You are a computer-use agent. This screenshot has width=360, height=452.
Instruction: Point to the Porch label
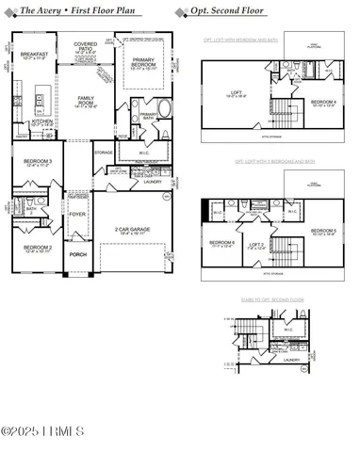click(x=77, y=253)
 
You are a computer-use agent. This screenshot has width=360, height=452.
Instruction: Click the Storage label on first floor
click(x=104, y=152)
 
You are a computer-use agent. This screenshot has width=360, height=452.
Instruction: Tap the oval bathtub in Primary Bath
click(x=166, y=107)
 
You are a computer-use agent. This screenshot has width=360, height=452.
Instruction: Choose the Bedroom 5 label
click(x=323, y=231)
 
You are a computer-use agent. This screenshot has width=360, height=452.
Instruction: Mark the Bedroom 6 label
click(x=221, y=243)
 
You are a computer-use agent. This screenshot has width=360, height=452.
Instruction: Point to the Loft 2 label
click(x=254, y=243)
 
